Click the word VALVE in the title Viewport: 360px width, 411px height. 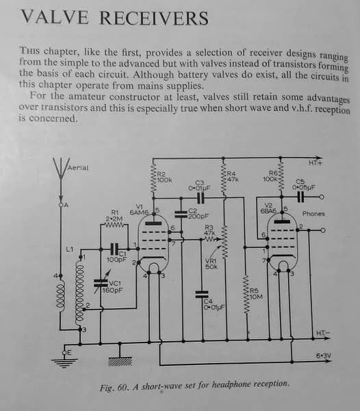click(x=55, y=17)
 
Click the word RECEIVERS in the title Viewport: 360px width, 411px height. click(x=154, y=18)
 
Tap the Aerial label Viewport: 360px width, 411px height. click(x=78, y=168)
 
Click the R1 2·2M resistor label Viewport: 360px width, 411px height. click(x=114, y=216)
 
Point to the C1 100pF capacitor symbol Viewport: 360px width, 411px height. click(x=114, y=249)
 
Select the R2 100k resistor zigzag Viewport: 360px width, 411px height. click(x=154, y=179)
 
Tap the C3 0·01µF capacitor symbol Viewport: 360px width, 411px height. click(x=201, y=197)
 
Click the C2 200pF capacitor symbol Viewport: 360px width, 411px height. click(x=181, y=214)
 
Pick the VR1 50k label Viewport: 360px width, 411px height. click(x=211, y=264)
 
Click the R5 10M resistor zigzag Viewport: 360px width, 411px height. click(x=246, y=294)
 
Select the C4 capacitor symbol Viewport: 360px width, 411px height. click(x=202, y=295)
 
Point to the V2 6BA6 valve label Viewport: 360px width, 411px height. click(x=268, y=208)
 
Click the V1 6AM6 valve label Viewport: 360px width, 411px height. click(x=139, y=210)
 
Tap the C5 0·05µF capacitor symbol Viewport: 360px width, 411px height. click(x=301, y=197)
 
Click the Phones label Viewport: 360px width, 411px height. click(x=313, y=214)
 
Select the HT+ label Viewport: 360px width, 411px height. click(x=316, y=163)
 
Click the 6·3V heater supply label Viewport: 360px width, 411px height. click(x=324, y=356)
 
